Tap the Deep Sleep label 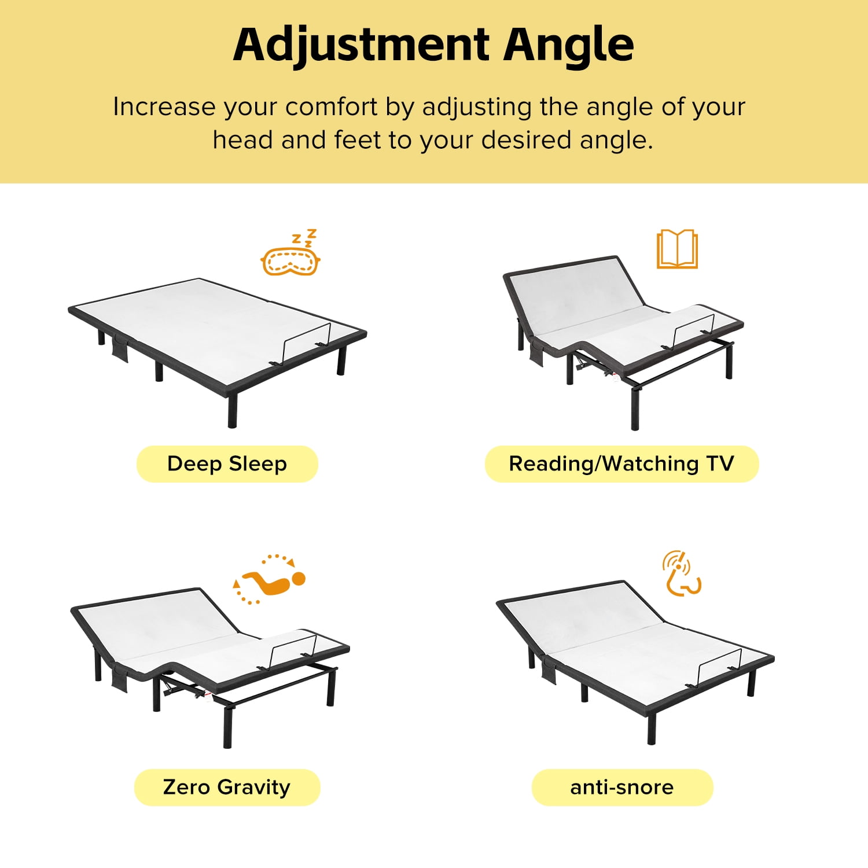[227, 464]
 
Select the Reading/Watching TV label [621, 464]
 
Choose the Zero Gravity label [227, 787]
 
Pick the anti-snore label [622, 787]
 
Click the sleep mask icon [290, 253]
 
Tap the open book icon [677, 249]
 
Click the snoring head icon [681, 573]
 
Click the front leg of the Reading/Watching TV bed [635, 408]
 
